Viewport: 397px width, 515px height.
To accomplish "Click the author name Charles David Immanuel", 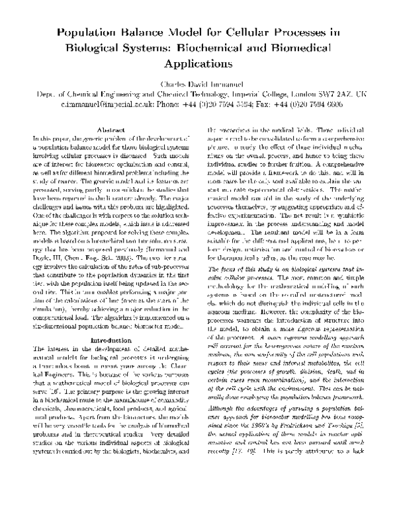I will (198, 85).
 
